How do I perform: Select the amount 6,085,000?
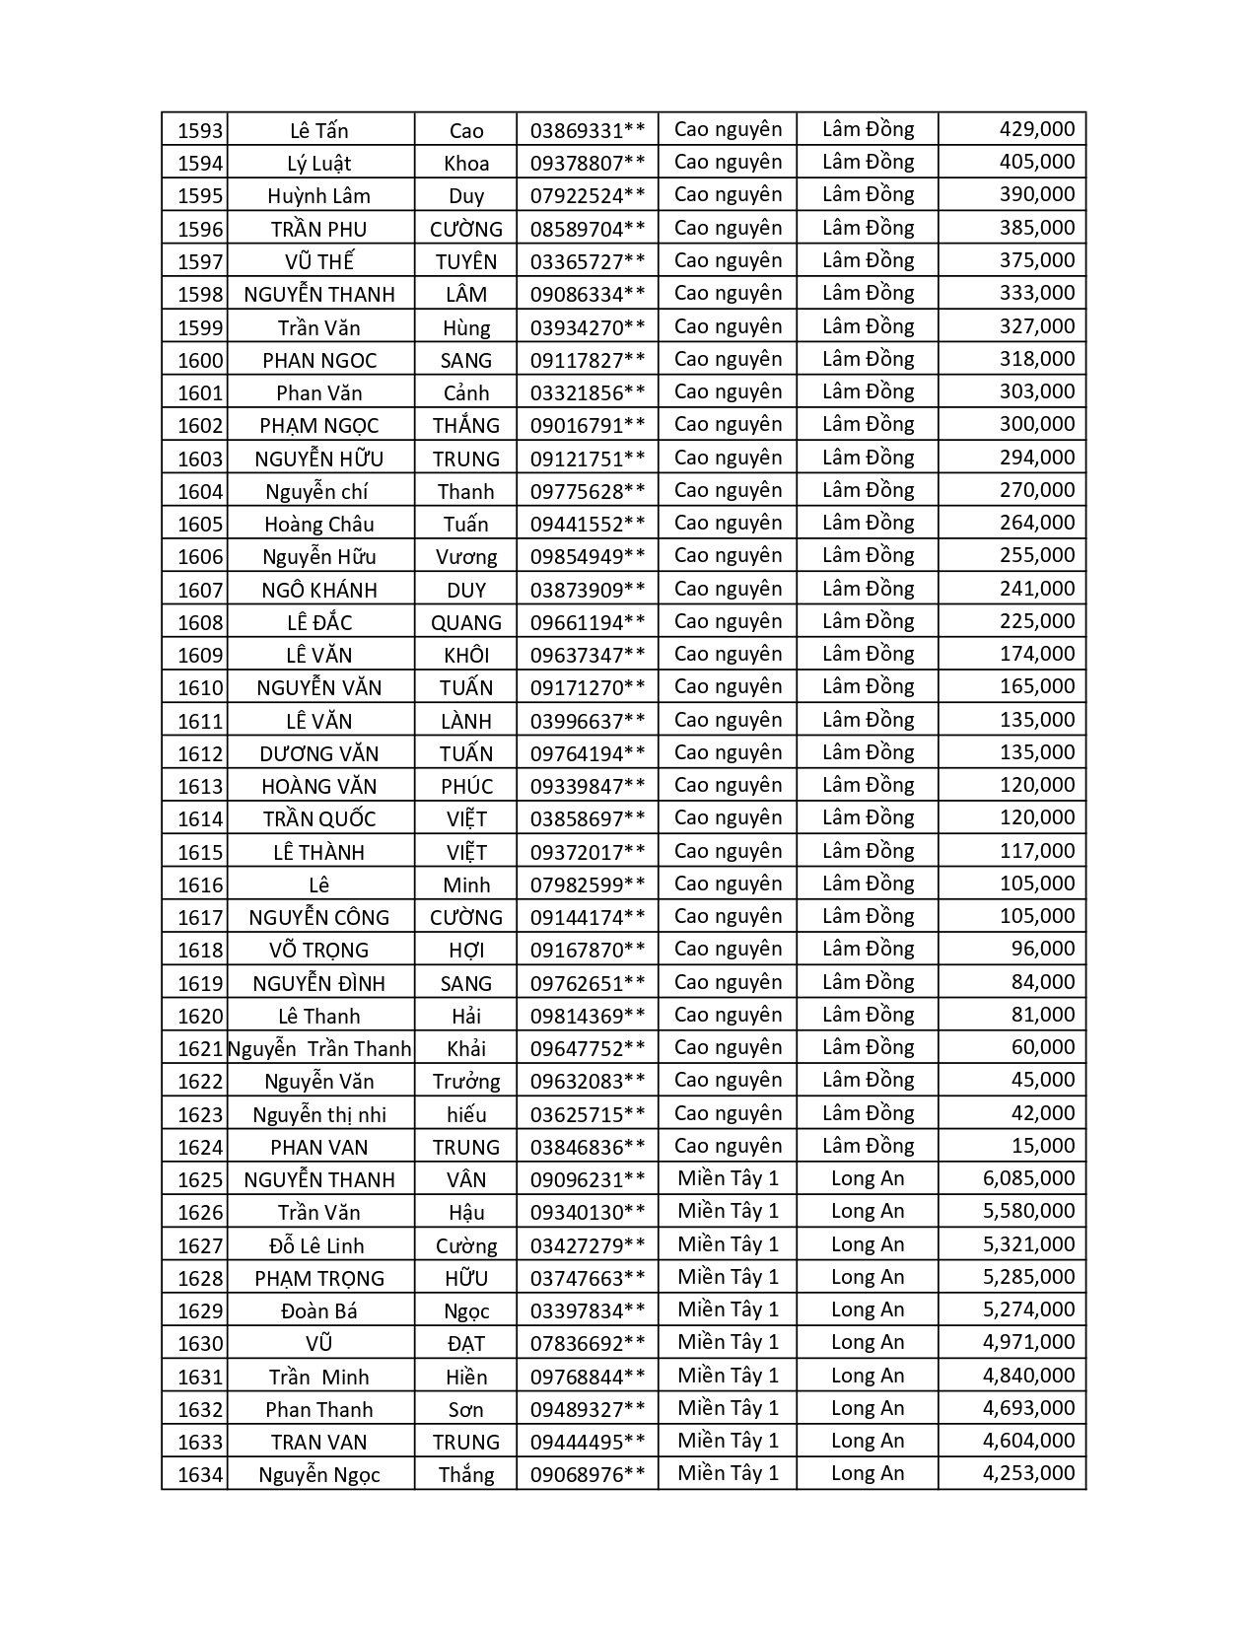pyautogui.click(x=1028, y=1178)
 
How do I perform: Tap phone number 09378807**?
pyautogui.click(x=588, y=163)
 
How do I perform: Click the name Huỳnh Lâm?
pyautogui.click(x=318, y=196)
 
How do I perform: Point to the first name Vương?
pyautogui.click(x=466, y=557)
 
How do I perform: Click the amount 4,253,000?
pyautogui.click(x=1028, y=1473)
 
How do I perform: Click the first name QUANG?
pyautogui.click(x=466, y=623)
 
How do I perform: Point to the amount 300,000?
pyautogui.click(x=1037, y=425)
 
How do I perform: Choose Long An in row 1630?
pyautogui.click(x=868, y=1343)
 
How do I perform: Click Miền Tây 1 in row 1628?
pyautogui.click(x=728, y=1277)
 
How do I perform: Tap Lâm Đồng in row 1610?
pyautogui.click(x=868, y=687)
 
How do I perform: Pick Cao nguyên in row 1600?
pyautogui.click(x=728, y=359)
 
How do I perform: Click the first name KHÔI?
pyautogui.click(x=466, y=656)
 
